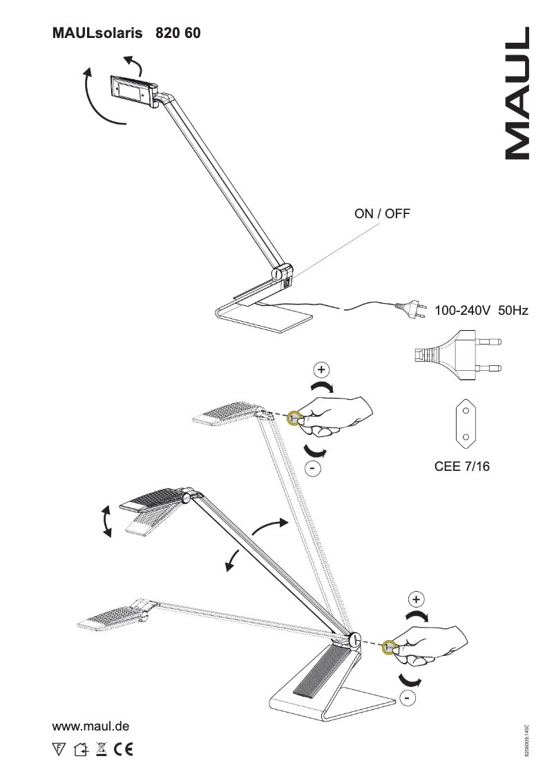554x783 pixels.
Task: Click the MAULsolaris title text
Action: tap(97, 32)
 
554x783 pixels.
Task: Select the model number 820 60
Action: tap(178, 32)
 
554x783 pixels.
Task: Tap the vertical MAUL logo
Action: tap(517, 94)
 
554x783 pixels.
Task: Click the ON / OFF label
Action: tap(382, 213)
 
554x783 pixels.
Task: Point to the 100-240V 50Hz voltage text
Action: tap(481, 311)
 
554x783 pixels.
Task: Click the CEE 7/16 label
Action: tap(461, 467)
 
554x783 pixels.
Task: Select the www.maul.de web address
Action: tap(91, 726)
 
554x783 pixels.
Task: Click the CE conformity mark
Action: tap(124, 748)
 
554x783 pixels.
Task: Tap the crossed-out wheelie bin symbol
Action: tap(100, 748)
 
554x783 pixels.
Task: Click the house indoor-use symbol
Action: tap(80, 748)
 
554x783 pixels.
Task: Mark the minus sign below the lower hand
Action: tap(408, 699)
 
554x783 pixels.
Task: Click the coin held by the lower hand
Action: tap(390, 648)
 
